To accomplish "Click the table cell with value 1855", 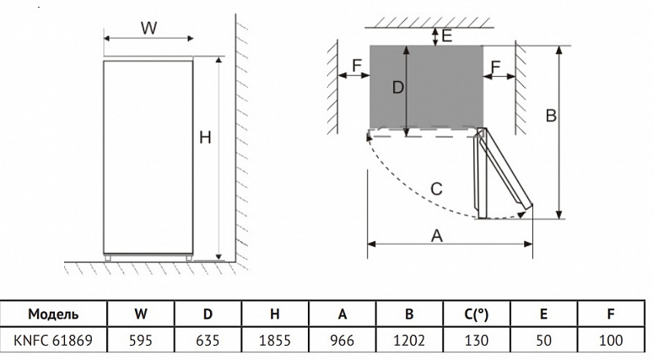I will coord(274,341).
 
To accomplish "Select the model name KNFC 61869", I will coord(54,341).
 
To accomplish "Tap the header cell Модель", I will coord(54,314).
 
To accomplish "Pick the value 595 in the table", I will coord(141,341).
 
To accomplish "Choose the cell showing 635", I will coord(208,341).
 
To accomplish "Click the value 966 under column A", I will coord(342,341).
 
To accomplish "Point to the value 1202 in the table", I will coord(409,341).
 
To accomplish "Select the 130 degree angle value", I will coord(476,341).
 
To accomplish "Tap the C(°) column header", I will coord(476,314).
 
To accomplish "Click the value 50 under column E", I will coord(543,341).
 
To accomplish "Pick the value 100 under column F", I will coord(610,341).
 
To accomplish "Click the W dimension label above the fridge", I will coord(148,28).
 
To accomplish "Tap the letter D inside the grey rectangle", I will coord(398,87).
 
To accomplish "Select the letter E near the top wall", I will coord(447,35).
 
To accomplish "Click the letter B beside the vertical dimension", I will coord(550,116).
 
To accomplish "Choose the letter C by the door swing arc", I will coord(436,189).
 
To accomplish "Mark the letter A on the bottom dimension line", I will coord(437,236).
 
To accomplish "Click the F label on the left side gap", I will coord(357,65).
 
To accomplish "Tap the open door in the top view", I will coord(503,173).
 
